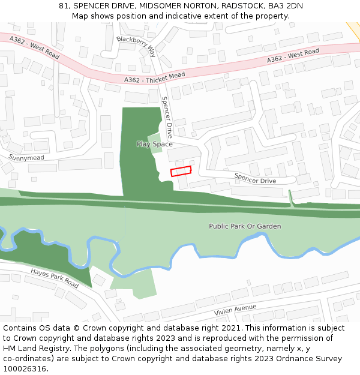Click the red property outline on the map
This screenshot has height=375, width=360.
[x=181, y=171]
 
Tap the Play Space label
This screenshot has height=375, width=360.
[x=154, y=144]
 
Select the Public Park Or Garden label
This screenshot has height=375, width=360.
[x=245, y=226]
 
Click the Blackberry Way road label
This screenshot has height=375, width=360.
[x=136, y=46]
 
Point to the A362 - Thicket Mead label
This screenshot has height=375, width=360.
[x=155, y=77]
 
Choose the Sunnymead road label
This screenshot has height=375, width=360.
[x=26, y=158]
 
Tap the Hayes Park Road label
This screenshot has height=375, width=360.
[x=55, y=277]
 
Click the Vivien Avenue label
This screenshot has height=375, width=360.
[x=235, y=310]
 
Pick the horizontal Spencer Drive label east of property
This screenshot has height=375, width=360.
[x=255, y=178]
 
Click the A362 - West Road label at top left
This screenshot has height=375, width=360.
[x=35, y=47]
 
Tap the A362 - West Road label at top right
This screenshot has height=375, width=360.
[x=293, y=56]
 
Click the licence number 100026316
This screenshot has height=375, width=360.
[x=25, y=369]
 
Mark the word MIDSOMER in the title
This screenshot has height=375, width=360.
[x=157, y=6]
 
